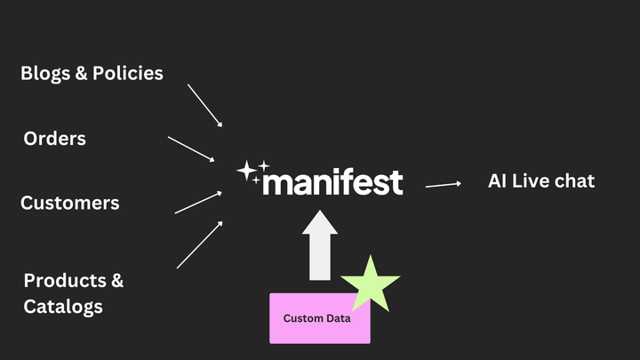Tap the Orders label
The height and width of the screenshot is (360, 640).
[54, 139]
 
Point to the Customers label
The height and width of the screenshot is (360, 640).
[69, 203]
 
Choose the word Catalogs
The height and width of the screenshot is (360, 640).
[63, 307]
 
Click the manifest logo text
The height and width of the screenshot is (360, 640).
[333, 181]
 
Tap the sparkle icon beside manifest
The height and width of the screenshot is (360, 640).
[250, 172]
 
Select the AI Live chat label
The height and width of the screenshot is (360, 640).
[540, 180]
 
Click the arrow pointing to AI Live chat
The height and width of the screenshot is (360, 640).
[443, 184]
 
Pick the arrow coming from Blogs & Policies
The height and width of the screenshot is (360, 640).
[204, 106]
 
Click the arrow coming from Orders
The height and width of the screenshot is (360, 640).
[191, 148]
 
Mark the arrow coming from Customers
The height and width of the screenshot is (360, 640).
[197, 202]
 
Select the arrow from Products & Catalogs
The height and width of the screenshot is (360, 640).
[199, 244]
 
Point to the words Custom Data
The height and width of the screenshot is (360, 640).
[316, 318]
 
